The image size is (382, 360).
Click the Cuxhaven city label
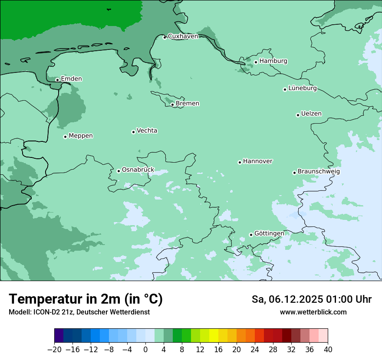[183, 36]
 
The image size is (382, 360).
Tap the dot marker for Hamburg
[256, 62]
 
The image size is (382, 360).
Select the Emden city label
[71, 79]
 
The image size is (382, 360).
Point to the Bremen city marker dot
[172, 105]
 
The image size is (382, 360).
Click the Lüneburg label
[303, 88]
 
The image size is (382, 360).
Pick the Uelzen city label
[311, 114]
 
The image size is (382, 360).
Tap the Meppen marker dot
[65, 137]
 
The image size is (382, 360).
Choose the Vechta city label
[147, 131]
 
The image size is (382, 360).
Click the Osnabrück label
[138, 170]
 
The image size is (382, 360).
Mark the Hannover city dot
[240, 163]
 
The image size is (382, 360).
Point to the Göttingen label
[269, 234]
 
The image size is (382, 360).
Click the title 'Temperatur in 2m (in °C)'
[86, 299]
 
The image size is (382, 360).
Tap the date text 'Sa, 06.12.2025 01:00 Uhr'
[311, 299]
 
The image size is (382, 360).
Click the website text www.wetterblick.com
[313, 312]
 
